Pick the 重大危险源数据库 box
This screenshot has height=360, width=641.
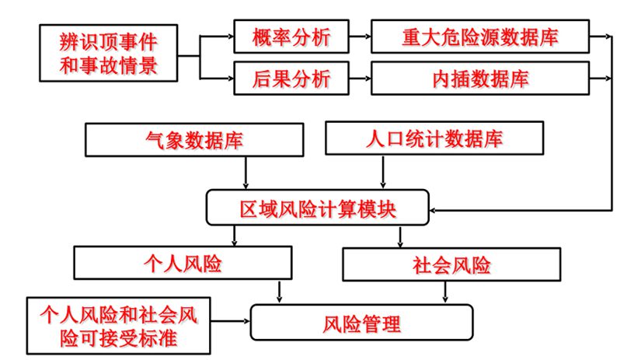point(480,36)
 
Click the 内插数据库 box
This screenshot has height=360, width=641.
point(480,78)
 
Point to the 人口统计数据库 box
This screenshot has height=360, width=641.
point(434,140)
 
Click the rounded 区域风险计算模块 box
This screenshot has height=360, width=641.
point(319,208)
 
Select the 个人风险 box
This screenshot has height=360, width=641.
point(183,264)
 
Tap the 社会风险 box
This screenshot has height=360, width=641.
point(451,264)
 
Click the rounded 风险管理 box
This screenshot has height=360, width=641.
point(361,322)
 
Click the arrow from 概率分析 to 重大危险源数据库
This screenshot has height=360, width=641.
point(359,36)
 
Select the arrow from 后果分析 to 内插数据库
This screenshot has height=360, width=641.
point(359,78)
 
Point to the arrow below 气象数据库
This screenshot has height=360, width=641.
point(246,172)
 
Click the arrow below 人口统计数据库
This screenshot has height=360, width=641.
point(379,172)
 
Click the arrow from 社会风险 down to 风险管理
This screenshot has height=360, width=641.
point(444,291)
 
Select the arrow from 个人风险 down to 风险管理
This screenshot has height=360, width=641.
point(280,291)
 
